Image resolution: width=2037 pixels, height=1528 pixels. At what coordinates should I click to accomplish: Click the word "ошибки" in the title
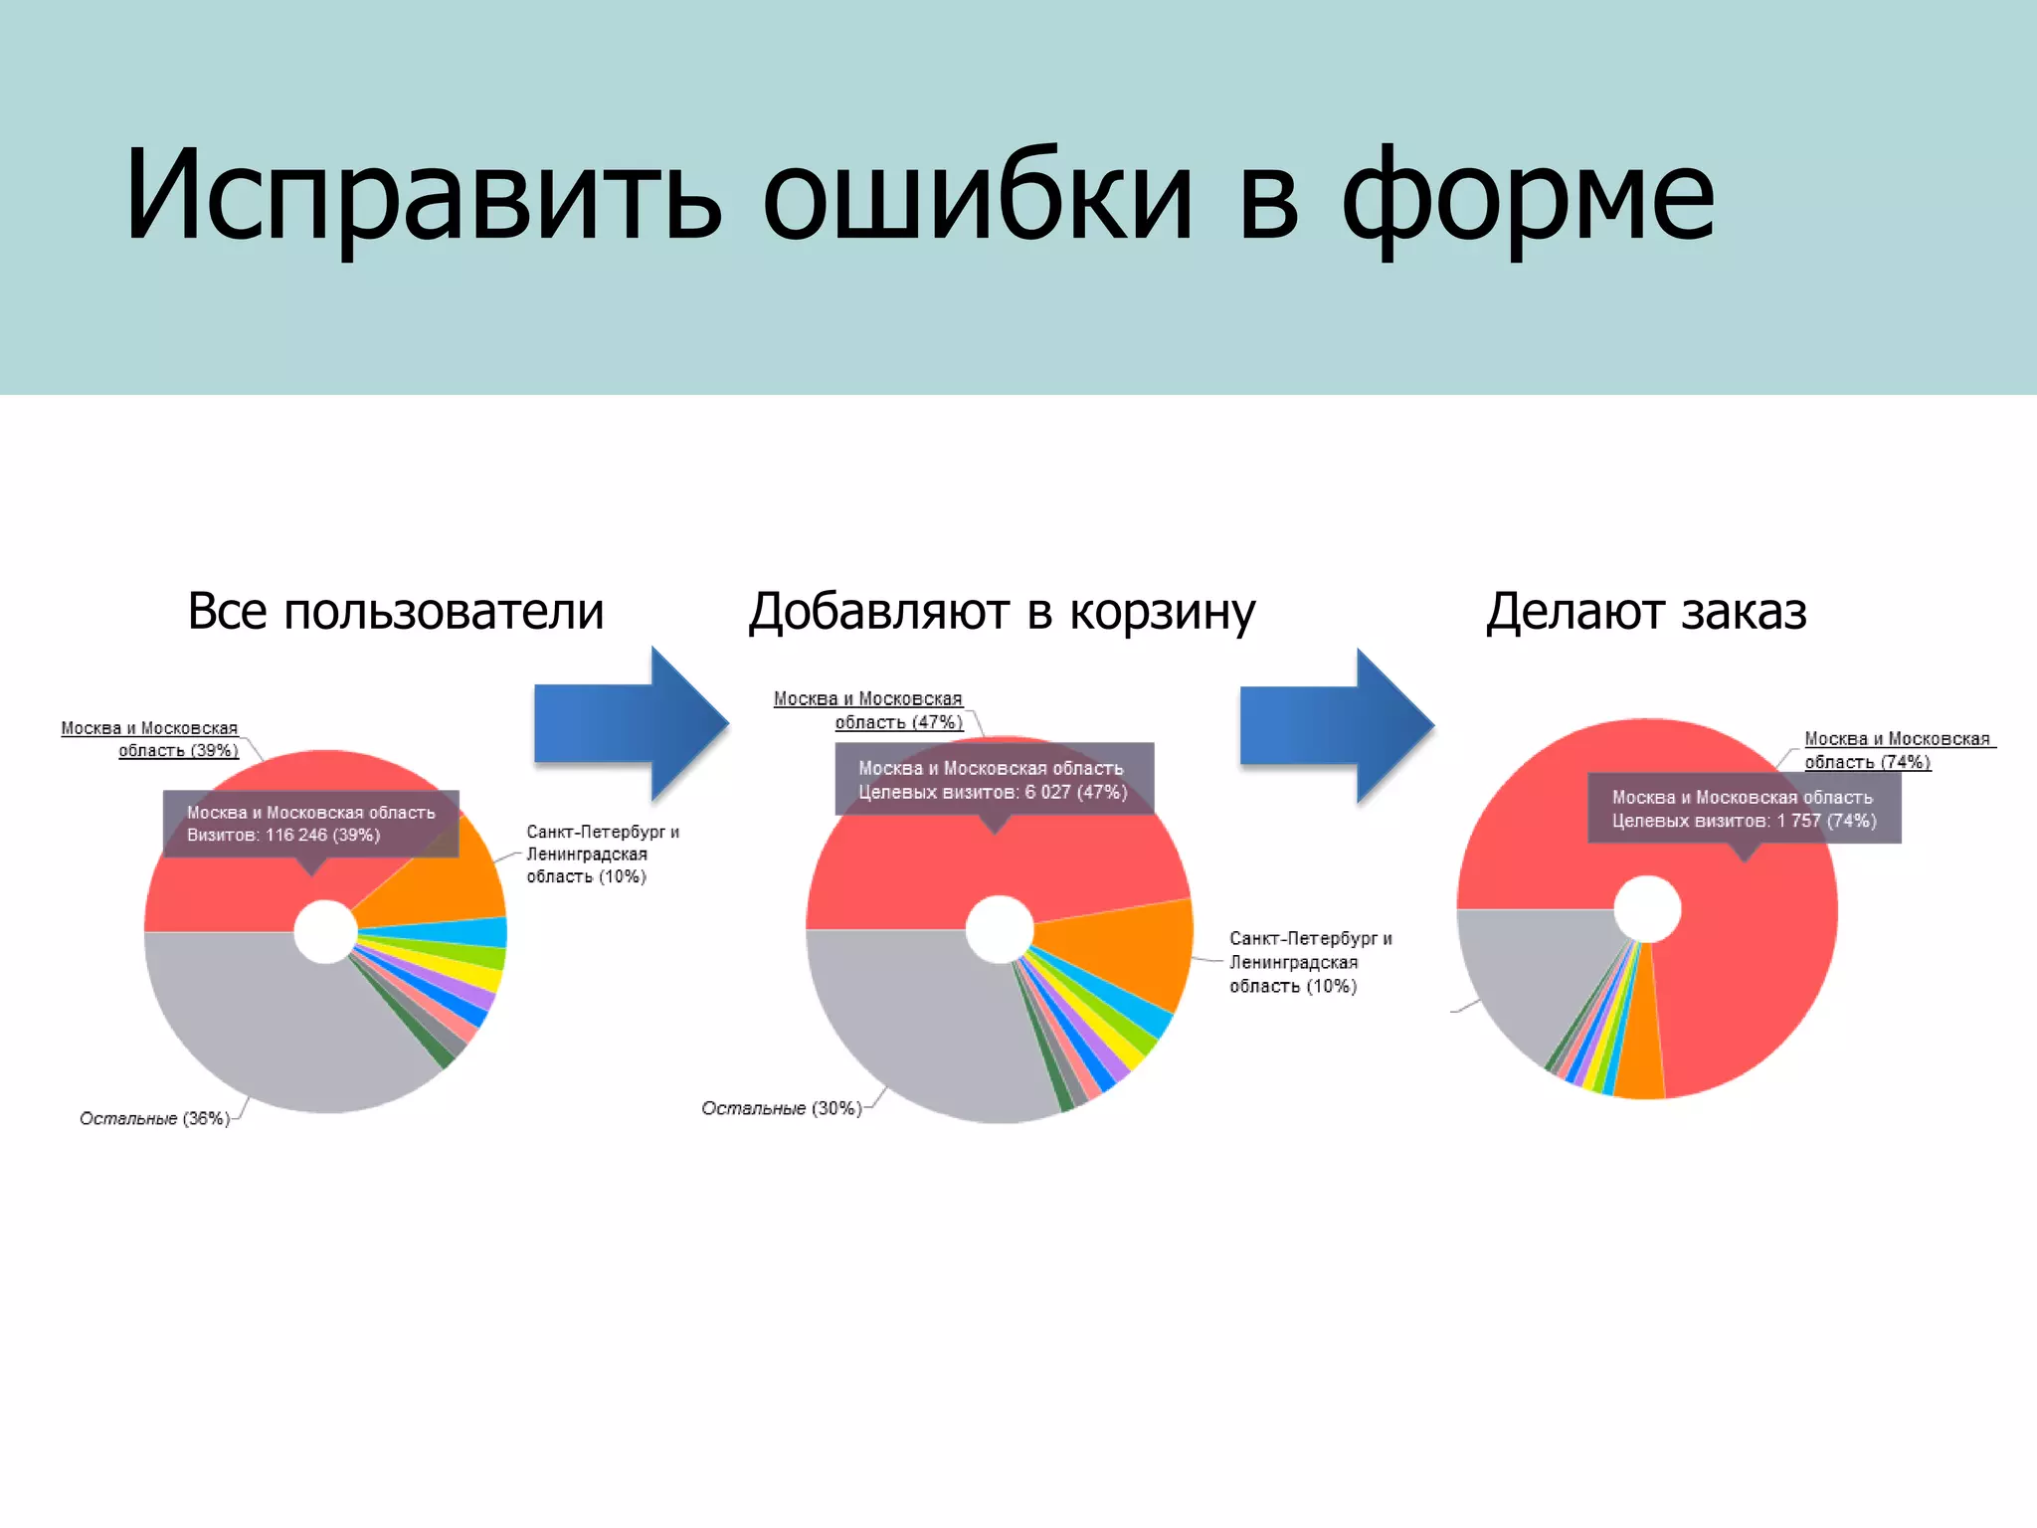click(x=977, y=194)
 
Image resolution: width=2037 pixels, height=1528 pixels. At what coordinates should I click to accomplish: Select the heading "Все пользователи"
click(x=395, y=611)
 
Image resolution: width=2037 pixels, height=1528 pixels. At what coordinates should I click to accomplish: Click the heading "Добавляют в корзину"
click(x=1001, y=611)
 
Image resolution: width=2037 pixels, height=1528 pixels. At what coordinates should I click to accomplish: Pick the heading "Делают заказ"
click(x=1645, y=611)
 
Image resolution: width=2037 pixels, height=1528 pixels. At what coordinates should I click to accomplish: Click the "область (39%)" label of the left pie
click(x=178, y=751)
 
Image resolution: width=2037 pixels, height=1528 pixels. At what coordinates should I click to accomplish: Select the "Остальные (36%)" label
click(x=154, y=1118)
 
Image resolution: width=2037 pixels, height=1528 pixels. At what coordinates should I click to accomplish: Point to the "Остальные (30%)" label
click(x=781, y=1108)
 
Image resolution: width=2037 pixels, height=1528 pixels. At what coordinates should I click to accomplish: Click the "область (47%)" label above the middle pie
click(x=898, y=722)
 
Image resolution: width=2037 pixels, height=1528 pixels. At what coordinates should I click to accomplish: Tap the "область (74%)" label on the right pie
click(x=1867, y=762)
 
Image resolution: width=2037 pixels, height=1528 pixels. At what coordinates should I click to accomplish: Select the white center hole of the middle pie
click(x=998, y=929)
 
